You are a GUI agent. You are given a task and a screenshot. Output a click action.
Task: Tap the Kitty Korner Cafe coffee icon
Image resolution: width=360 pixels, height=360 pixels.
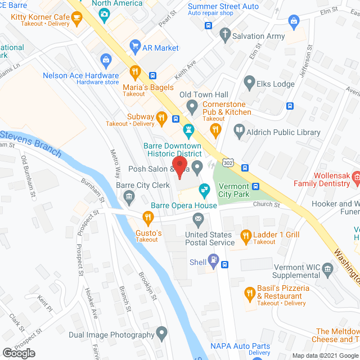pos(78,17)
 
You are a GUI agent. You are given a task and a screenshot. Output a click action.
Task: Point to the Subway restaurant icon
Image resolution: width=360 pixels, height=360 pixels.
pos(161,117)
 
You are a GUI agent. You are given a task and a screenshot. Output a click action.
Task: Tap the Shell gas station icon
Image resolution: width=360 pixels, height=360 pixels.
pos(213,259)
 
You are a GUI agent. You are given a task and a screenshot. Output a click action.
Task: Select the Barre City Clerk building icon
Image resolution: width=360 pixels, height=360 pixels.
pos(129,196)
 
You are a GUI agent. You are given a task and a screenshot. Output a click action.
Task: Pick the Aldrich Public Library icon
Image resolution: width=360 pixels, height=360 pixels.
pos(239,131)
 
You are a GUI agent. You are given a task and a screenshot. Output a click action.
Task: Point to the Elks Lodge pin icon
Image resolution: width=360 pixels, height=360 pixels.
pos(249,84)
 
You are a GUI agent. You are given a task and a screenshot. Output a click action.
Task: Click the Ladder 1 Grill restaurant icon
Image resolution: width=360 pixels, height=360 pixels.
pos(245,235)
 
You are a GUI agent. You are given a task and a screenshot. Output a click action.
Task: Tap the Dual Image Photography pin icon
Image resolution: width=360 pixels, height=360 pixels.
pos(162,334)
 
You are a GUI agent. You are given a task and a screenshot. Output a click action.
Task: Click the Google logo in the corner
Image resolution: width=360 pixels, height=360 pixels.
pos(18,353)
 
